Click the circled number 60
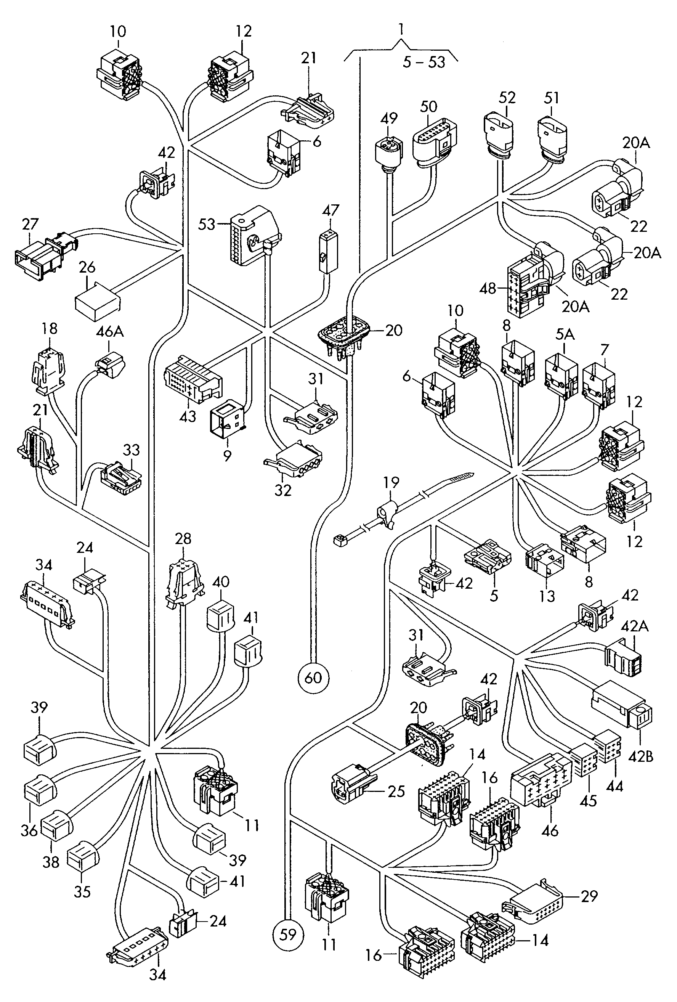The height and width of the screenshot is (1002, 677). pyautogui.click(x=313, y=678)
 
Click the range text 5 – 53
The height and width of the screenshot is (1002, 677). pyautogui.click(x=424, y=62)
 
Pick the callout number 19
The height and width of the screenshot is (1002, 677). pyautogui.click(x=391, y=482)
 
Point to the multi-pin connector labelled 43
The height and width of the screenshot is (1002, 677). pyautogui.click(x=193, y=379)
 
